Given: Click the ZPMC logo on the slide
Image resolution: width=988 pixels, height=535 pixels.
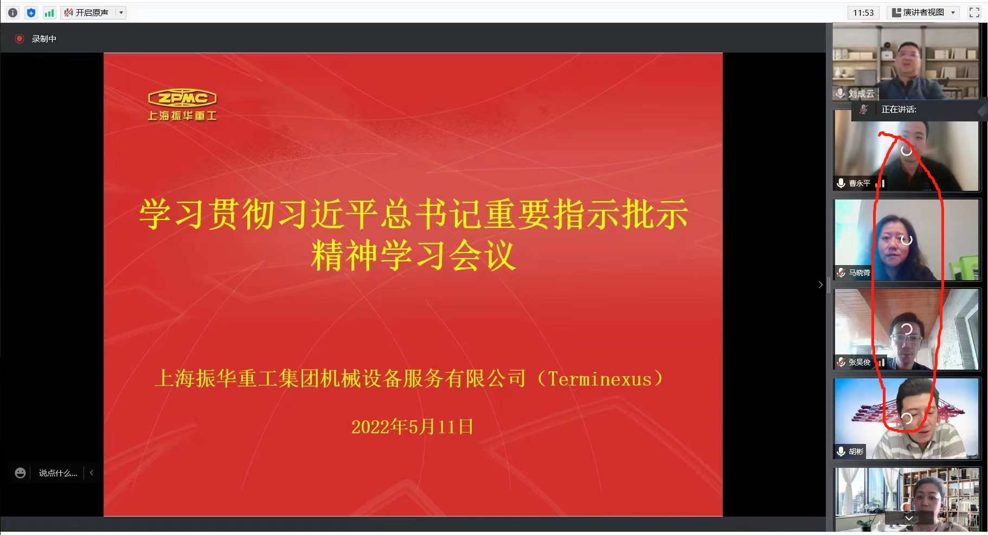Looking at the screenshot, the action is (182, 98).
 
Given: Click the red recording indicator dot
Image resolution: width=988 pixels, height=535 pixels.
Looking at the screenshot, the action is (20, 38).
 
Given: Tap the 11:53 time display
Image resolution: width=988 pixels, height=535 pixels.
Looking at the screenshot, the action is (863, 12).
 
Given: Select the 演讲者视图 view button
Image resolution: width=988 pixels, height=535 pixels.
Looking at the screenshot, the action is (923, 12).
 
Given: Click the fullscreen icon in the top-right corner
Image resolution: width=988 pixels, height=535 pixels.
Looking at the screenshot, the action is (974, 12).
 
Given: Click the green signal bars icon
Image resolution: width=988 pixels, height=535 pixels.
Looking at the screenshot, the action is (49, 12).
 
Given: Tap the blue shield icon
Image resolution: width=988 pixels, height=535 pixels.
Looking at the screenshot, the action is (31, 12).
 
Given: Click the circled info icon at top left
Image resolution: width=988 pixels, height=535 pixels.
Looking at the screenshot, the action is (13, 12).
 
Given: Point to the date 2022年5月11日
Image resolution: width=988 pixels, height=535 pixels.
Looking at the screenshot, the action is (412, 427).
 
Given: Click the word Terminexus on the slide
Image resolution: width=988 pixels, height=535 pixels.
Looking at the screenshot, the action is (600, 379).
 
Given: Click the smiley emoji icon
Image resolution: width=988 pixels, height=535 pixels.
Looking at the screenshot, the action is (20, 473).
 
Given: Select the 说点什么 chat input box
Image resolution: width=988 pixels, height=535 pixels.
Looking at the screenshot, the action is (58, 473).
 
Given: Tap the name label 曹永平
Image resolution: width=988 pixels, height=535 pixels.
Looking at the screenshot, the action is (859, 183).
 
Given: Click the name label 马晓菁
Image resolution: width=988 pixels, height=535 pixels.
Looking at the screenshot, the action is (859, 273).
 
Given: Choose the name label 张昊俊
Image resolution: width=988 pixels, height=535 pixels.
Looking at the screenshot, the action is (859, 362).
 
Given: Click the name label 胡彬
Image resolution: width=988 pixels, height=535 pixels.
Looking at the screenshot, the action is (856, 452).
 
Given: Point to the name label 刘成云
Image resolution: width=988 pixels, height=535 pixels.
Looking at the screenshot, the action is (861, 94).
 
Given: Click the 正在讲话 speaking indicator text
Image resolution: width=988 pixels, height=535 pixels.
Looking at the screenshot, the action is (899, 109).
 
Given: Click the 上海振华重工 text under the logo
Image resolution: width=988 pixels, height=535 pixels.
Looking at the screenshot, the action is (182, 115).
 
